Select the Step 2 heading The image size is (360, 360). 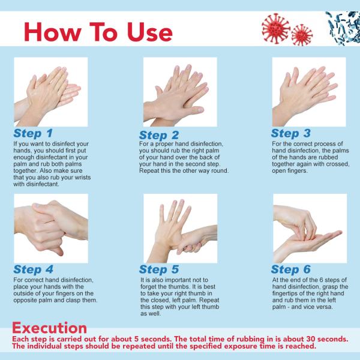(159, 135)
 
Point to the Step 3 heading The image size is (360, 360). (290, 133)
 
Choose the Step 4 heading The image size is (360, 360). (33, 269)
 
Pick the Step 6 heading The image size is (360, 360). (290, 269)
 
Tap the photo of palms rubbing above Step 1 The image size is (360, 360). (51, 91)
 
